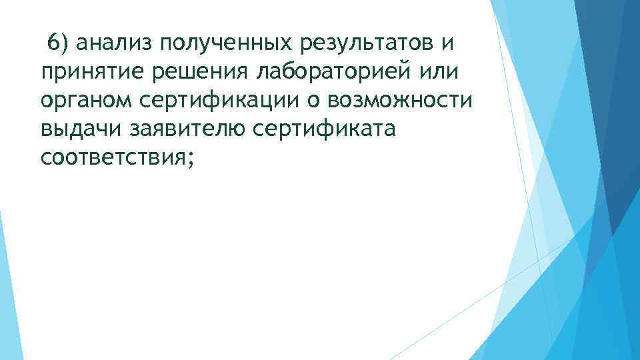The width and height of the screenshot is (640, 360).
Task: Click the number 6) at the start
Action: pos(58,43)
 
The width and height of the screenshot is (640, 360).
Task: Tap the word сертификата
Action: pos(324,129)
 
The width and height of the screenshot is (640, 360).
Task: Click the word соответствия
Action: pos(113,157)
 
